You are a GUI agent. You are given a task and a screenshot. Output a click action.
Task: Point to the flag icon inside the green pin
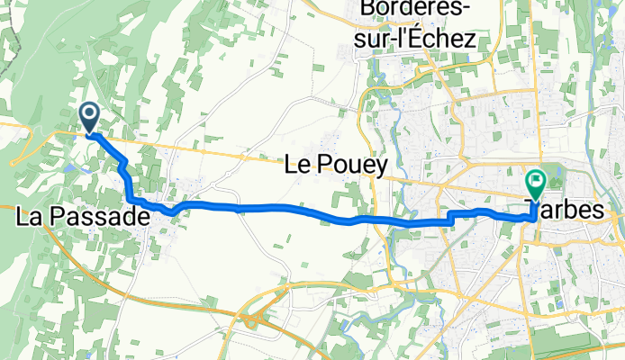click(x=535, y=182)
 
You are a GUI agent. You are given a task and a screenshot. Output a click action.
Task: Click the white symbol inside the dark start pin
click(x=90, y=112)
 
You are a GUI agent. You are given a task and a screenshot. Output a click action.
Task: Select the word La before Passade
click(x=32, y=217)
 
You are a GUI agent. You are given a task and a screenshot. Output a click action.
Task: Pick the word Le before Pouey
click(x=298, y=166)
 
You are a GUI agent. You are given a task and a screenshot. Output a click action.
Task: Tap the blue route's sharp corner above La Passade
click(x=131, y=198)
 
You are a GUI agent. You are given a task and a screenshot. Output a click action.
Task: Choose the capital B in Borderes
click(x=367, y=10)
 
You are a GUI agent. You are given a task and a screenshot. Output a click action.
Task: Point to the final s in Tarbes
click(x=597, y=209)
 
